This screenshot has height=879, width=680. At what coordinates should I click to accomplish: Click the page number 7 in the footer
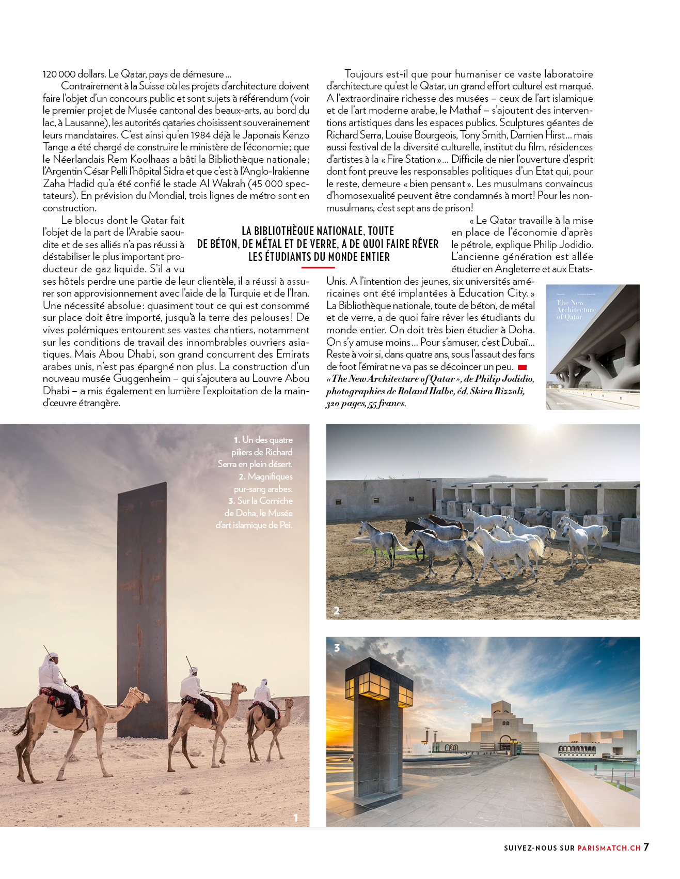(646, 846)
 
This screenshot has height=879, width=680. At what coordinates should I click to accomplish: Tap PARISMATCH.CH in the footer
(609, 848)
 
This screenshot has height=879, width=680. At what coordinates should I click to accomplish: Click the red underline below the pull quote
(318, 268)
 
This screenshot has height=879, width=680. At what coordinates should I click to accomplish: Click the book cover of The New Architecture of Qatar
(592, 347)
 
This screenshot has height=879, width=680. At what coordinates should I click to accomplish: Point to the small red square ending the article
(522, 367)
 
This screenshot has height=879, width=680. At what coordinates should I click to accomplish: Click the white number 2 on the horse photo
(337, 610)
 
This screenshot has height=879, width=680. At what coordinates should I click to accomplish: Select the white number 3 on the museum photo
(337, 647)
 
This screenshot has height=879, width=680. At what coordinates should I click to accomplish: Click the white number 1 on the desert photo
(295, 817)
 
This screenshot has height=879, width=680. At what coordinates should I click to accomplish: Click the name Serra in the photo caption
(228, 464)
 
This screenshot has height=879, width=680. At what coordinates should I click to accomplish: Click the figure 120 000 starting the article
(58, 74)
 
